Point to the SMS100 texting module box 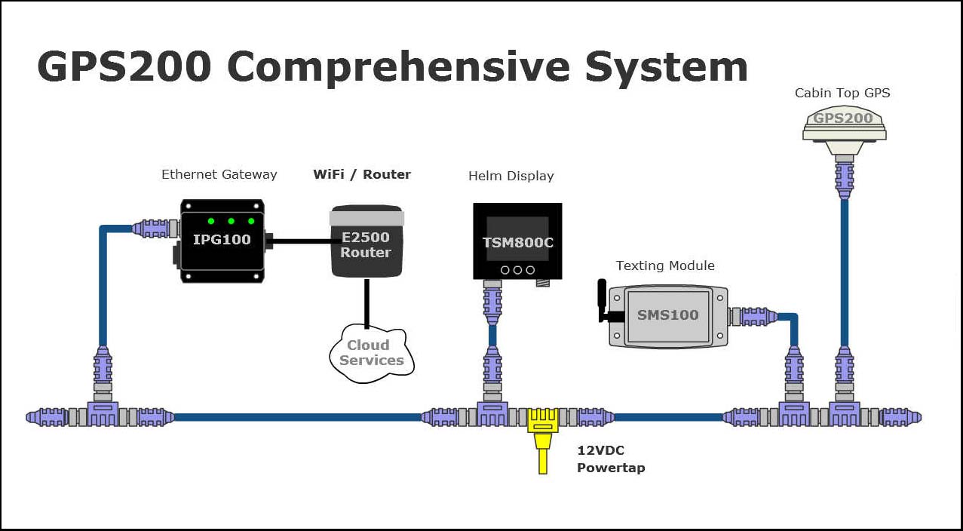[x=668, y=315]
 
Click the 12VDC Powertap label [x=611, y=459]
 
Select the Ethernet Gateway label [x=219, y=174]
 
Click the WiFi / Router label [x=362, y=174]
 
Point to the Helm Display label [x=511, y=176]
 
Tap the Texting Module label [x=665, y=265]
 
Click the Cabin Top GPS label [x=842, y=93]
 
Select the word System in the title [x=667, y=66]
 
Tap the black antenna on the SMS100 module [x=603, y=300]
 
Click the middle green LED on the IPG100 [x=232, y=221]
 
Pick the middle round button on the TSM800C [x=517, y=269]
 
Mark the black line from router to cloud [x=366, y=302]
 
